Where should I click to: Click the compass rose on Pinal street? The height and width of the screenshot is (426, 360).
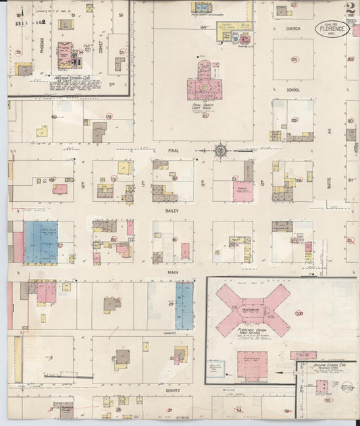point(222,150)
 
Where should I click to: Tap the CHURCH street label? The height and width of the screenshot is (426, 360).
point(292,29)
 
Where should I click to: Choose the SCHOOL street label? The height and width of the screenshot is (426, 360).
point(292,89)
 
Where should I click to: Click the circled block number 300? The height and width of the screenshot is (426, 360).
point(299,313)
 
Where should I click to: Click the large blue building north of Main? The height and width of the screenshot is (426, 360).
point(41,242)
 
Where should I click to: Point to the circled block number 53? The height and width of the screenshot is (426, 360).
point(122,51)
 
